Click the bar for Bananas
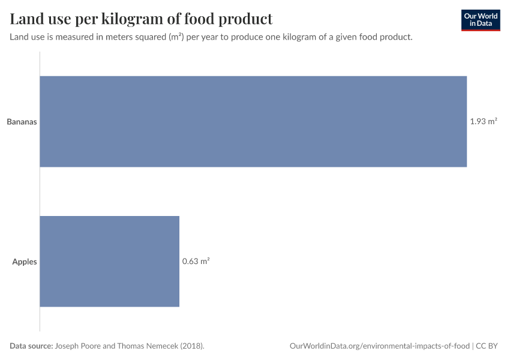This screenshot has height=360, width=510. point(253,121)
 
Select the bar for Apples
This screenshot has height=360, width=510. point(110,261)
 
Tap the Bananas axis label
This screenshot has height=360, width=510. point(22,122)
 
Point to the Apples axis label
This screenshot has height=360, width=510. point(25,262)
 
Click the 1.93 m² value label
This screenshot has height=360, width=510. point(483,121)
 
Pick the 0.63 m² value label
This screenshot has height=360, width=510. point(196,262)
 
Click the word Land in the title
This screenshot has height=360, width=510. point(26,19)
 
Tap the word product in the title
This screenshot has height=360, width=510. point(245,19)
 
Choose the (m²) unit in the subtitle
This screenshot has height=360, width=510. point(175,37)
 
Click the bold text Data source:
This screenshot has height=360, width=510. point(31,346)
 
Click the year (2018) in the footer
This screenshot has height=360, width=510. point(192,346)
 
